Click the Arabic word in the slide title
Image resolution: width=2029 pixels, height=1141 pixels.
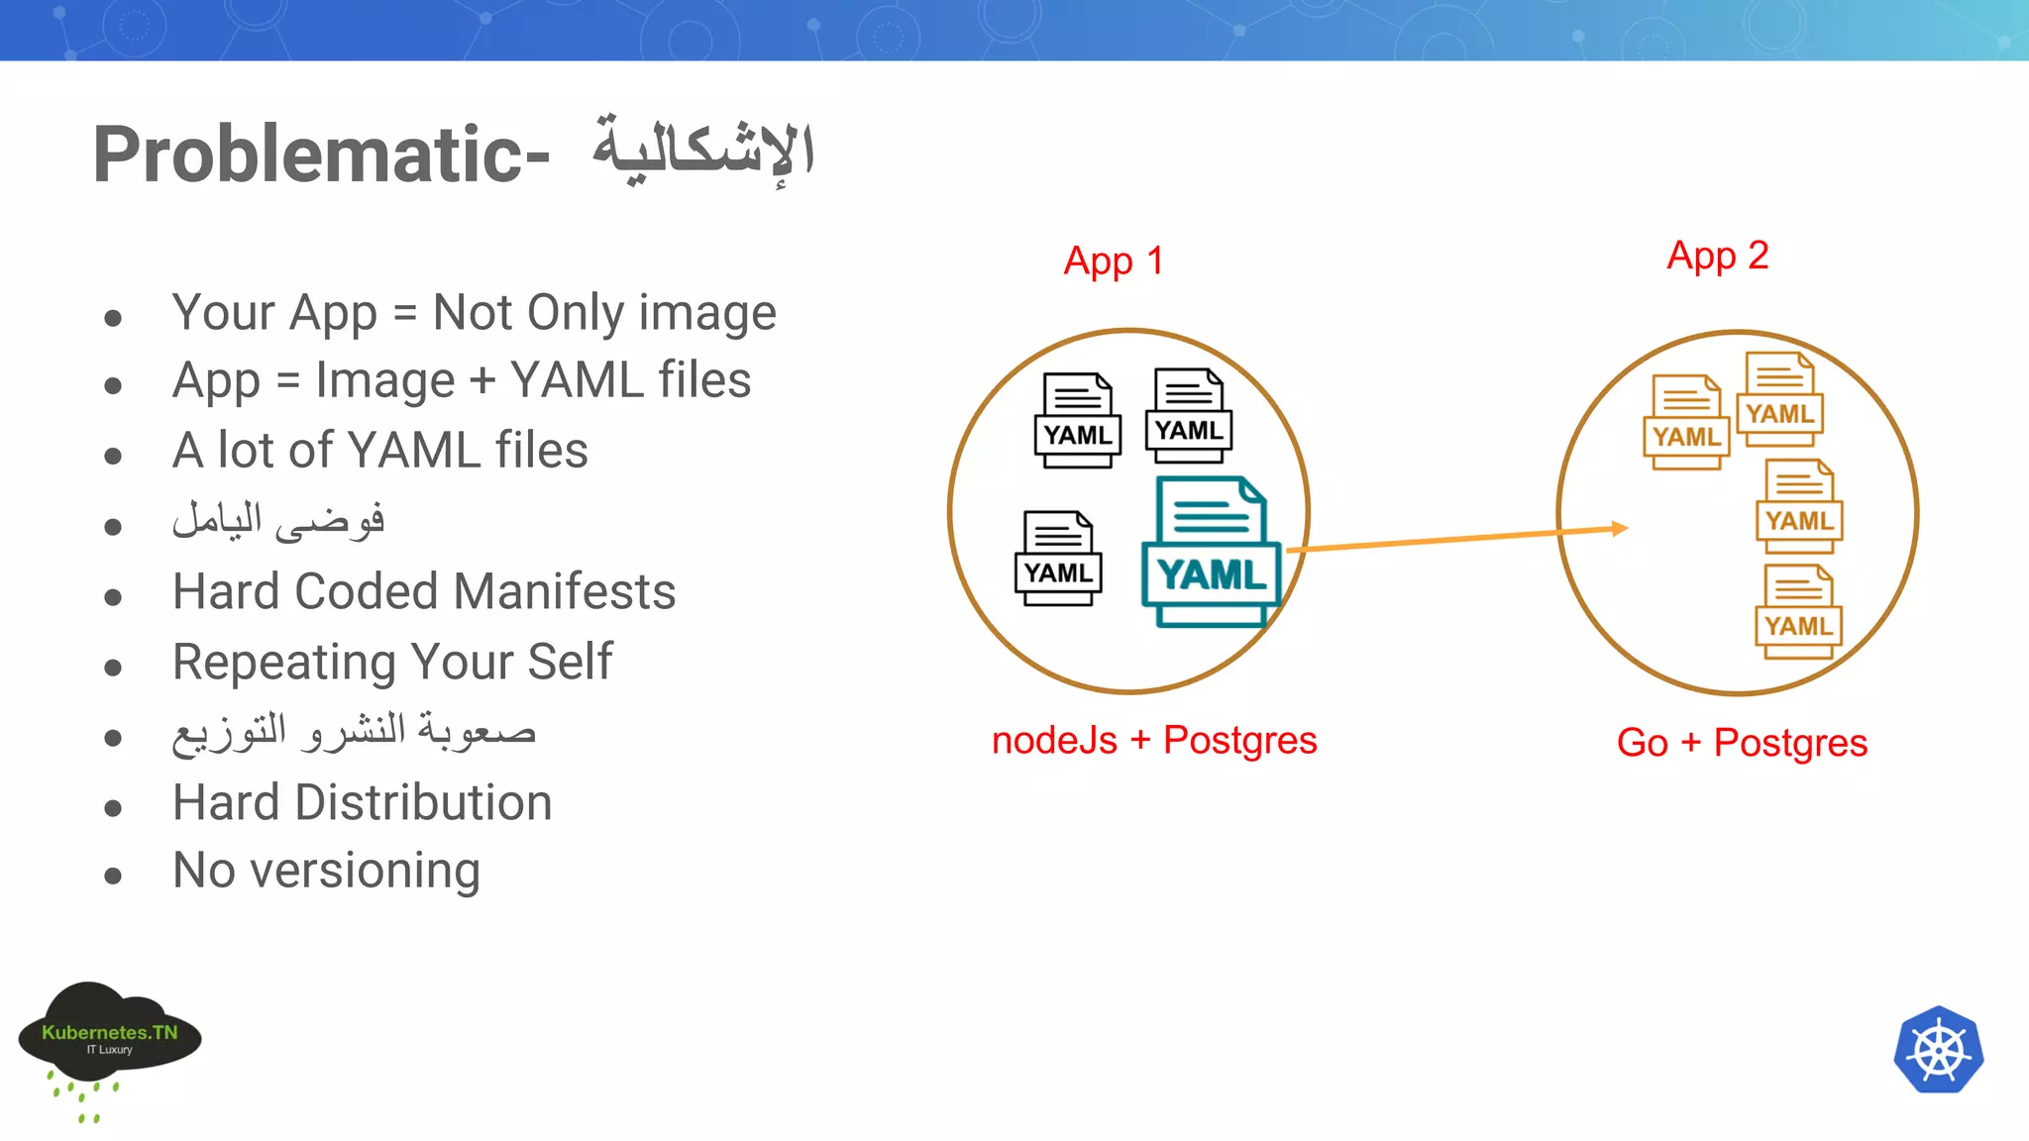[x=703, y=152]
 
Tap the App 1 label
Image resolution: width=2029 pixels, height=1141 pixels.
[x=1114, y=261]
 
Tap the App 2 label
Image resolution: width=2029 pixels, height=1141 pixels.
[x=1717, y=257]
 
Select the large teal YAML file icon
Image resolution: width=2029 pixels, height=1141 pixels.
[x=1211, y=552]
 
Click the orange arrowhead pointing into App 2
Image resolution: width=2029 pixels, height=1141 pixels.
[x=1619, y=528]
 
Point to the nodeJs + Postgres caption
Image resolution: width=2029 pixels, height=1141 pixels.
[x=1154, y=741]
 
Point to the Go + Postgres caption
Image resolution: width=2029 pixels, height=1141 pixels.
[x=1742, y=743]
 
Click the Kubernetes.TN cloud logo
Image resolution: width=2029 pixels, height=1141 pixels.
[x=109, y=1035]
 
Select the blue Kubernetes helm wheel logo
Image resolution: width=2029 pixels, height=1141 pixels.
[x=1938, y=1050]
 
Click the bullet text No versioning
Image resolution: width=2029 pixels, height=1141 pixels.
[x=326, y=872]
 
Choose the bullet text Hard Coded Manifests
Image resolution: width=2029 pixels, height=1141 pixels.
[x=424, y=592]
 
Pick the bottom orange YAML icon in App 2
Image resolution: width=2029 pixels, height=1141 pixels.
[x=1798, y=612]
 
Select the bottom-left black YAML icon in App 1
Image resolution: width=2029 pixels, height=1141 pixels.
[x=1058, y=559]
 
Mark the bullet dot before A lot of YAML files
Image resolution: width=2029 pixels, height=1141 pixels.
[x=113, y=457]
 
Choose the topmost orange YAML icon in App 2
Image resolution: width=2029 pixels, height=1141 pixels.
[x=1780, y=399]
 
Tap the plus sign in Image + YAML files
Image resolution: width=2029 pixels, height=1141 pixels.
[x=482, y=381]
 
